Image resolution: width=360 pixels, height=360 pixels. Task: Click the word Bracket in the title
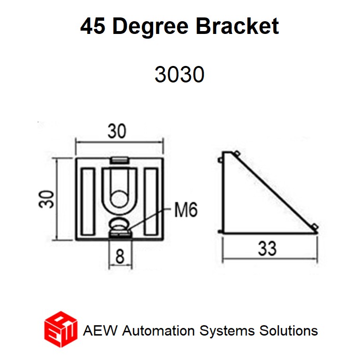[237, 27]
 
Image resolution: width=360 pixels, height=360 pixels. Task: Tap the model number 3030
[179, 74]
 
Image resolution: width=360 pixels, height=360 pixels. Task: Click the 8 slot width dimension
[120, 257]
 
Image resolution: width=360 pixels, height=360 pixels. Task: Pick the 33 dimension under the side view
[267, 248]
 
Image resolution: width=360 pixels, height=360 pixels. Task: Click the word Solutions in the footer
[288, 330]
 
